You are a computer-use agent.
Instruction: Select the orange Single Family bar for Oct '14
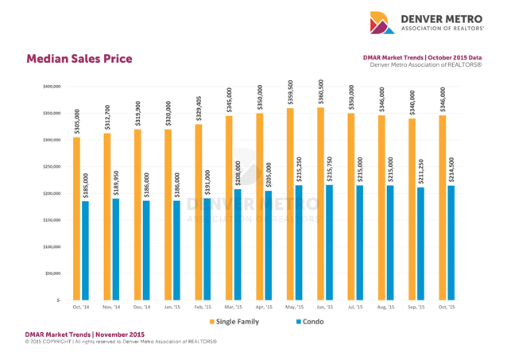tap(76, 219)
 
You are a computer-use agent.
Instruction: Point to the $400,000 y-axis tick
tap(48, 86)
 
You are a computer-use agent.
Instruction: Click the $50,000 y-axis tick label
tap(50, 273)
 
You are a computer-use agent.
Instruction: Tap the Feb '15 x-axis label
tap(203, 307)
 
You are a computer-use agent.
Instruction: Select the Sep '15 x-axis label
tap(416, 307)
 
